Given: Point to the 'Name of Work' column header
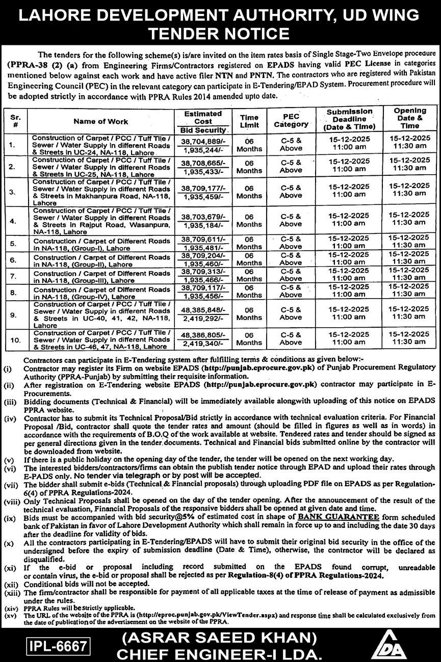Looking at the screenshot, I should [x=101, y=121].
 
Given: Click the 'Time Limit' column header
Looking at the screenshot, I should [x=249, y=121].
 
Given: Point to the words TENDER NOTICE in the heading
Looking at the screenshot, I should [x=220, y=34].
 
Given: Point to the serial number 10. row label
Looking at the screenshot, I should [x=15, y=338].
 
